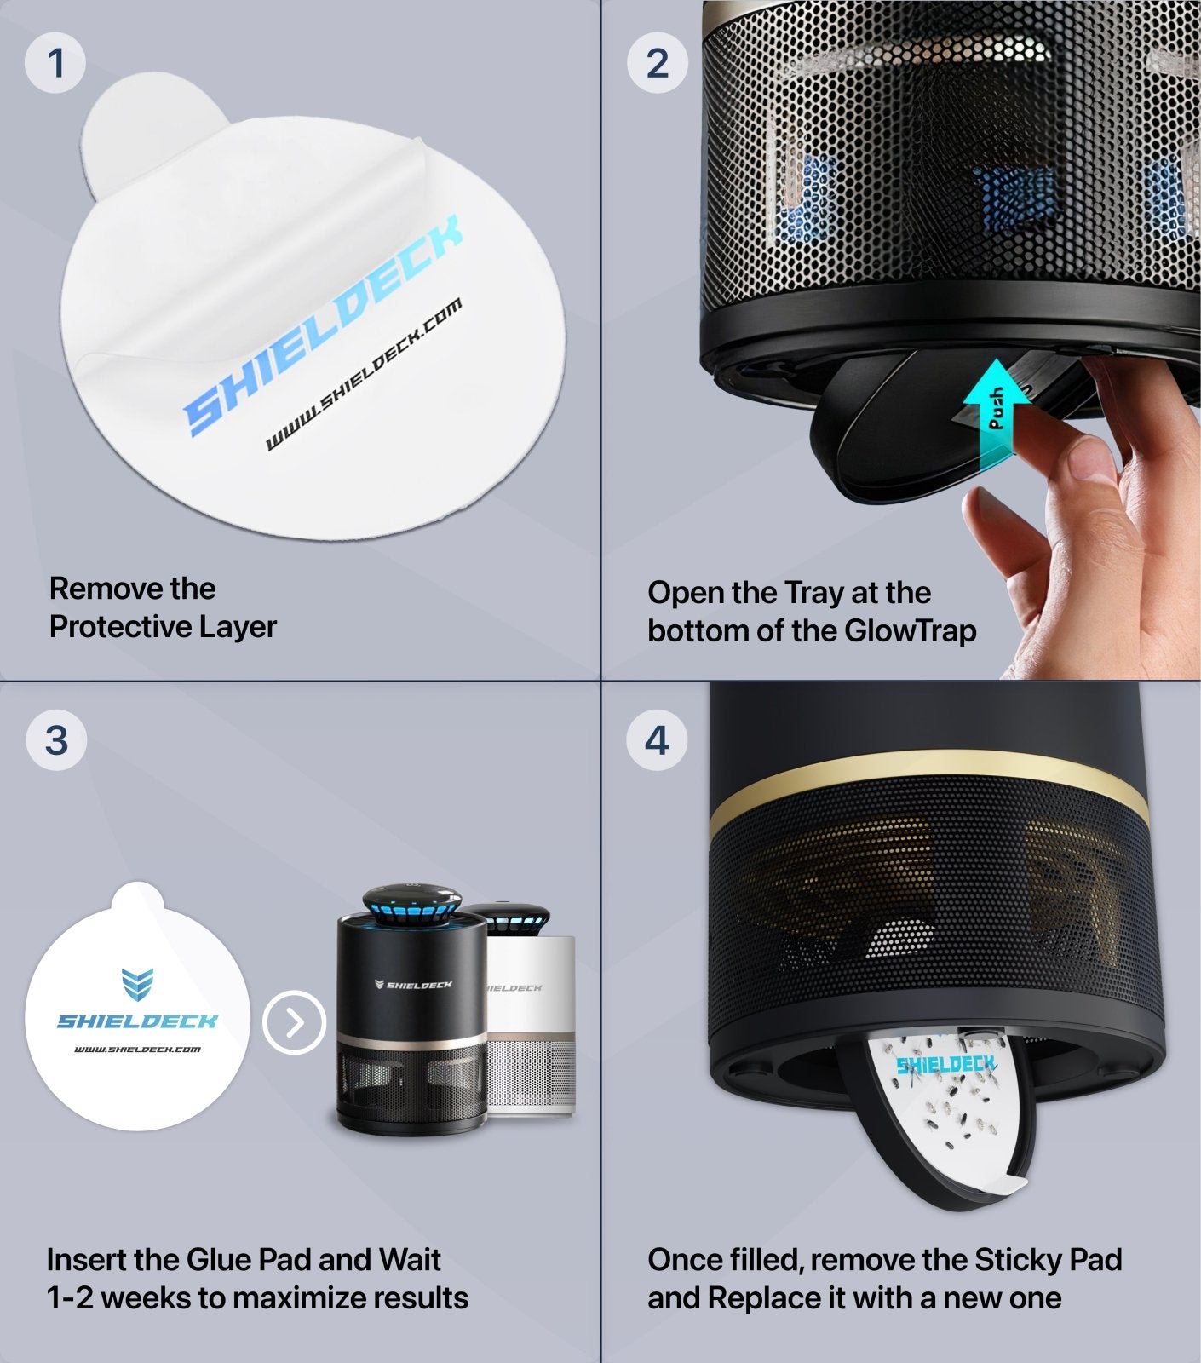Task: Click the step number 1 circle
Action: [x=55, y=63]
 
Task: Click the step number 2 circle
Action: [x=657, y=63]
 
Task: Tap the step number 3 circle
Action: [x=56, y=739]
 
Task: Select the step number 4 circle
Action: [x=657, y=739]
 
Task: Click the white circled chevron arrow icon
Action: [x=295, y=1022]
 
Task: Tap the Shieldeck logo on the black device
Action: [x=414, y=985]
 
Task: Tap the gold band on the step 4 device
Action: [x=928, y=788]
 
